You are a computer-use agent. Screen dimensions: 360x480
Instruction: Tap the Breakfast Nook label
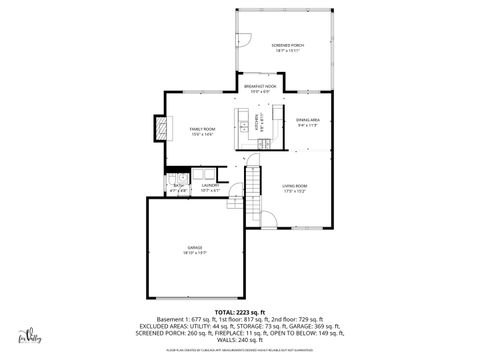click(260, 87)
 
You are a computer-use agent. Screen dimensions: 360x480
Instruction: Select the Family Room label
click(202, 129)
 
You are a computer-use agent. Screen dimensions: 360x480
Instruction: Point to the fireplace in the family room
click(159, 128)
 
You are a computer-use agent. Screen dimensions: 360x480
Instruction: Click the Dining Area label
click(307, 120)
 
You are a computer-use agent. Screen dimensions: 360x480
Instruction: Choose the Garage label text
click(194, 247)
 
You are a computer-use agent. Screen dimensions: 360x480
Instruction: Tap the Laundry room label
click(210, 185)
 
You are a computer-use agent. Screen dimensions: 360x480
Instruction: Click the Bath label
click(178, 185)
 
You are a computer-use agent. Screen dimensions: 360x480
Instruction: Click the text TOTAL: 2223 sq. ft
click(240, 312)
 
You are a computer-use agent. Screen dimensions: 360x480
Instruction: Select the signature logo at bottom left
click(37, 336)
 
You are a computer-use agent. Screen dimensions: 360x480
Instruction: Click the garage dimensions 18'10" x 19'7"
click(194, 253)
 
